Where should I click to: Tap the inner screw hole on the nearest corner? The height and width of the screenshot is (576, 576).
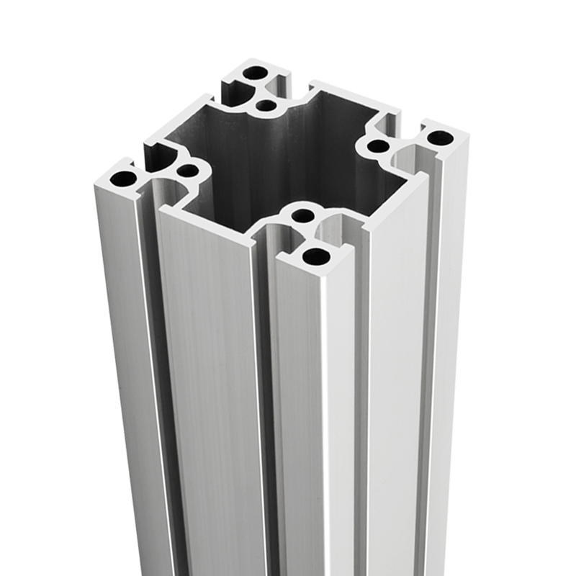304,215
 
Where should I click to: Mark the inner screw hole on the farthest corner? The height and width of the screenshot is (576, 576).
266,107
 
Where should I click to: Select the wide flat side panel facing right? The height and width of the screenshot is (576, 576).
392,346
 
